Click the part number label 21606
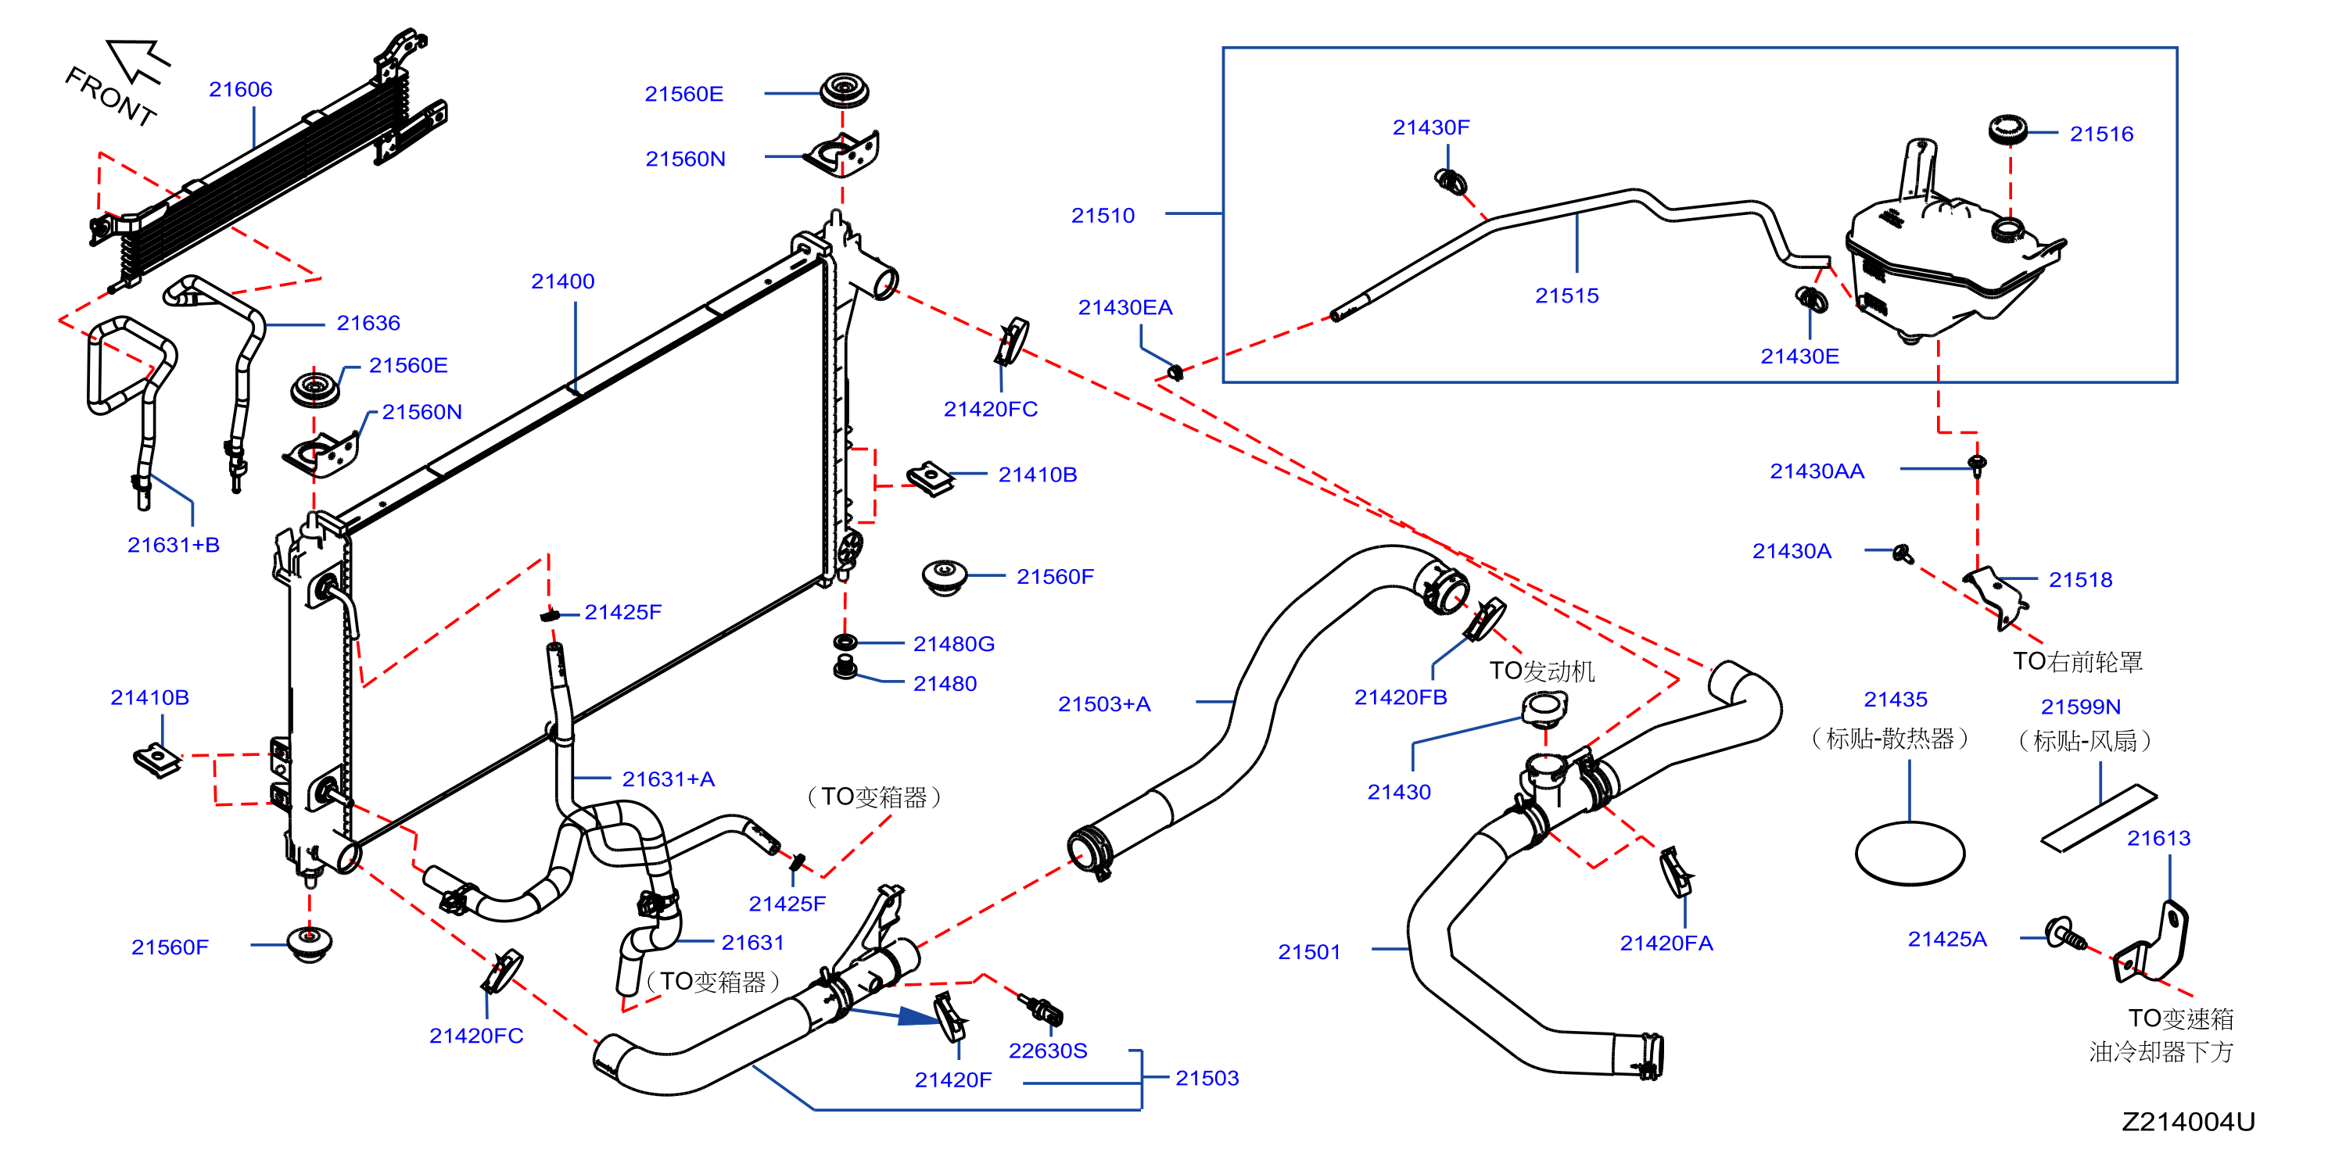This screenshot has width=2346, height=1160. [240, 89]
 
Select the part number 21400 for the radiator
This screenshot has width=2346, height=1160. [563, 281]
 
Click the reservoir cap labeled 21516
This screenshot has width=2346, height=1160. [2007, 128]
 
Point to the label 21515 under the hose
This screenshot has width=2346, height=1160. [1566, 296]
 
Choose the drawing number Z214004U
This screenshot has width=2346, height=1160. [2189, 1122]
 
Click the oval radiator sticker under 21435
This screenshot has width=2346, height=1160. [1910, 853]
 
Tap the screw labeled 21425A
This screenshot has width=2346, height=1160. [2065, 935]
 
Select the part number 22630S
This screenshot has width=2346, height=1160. [1047, 1051]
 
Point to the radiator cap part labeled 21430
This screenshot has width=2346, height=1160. [1544, 707]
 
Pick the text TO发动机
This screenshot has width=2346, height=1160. [1542, 671]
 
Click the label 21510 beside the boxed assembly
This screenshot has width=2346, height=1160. [1103, 216]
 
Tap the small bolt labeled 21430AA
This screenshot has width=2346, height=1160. [1977, 464]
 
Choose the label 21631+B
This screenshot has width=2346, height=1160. [173, 546]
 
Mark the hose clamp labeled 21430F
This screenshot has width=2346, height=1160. [1451, 181]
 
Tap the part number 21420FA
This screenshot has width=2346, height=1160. [1666, 943]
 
